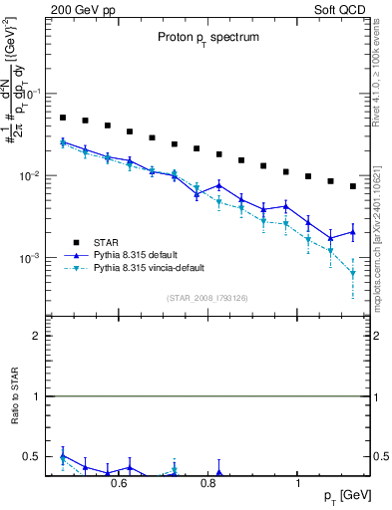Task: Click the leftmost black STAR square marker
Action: coord(63,118)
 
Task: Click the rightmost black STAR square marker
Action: coord(353,186)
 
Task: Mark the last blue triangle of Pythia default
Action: coord(353,232)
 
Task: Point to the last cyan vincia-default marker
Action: coord(353,273)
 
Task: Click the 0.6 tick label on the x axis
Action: coord(119,484)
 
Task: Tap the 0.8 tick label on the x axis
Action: coord(208,484)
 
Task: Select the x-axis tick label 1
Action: coord(298,484)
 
